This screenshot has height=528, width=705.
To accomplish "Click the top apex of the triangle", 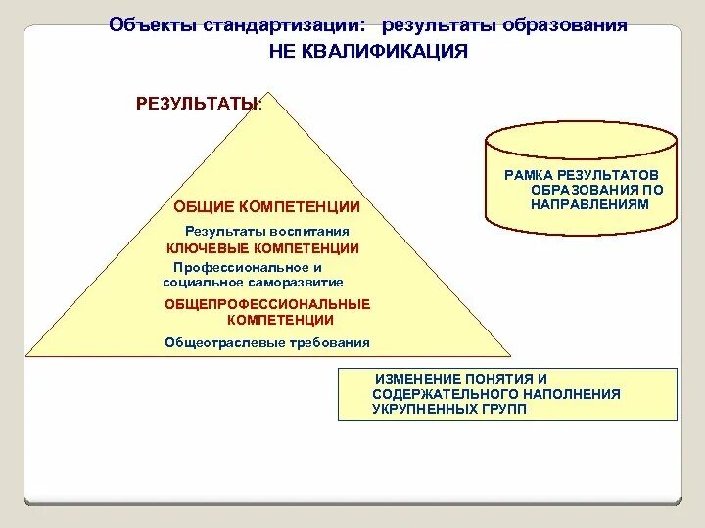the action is [265, 95].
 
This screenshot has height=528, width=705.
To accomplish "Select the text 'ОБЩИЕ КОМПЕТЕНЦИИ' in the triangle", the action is [266, 207].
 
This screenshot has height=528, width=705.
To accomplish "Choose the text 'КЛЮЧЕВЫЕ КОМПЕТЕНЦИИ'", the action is [262, 248].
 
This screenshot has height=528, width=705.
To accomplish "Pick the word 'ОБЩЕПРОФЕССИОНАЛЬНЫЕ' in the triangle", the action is [267, 304].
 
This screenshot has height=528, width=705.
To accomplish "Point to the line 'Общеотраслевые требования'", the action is [267, 342].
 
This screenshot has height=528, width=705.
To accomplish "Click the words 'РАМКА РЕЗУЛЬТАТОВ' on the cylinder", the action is [584, 174].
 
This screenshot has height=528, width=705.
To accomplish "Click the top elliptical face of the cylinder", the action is [582, 134].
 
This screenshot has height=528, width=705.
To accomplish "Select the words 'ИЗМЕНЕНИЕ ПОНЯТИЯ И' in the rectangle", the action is [460, 378].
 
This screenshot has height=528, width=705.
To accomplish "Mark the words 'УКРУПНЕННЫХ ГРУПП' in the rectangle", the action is [448, 409].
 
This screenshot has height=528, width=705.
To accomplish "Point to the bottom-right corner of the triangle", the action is [509, 354].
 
